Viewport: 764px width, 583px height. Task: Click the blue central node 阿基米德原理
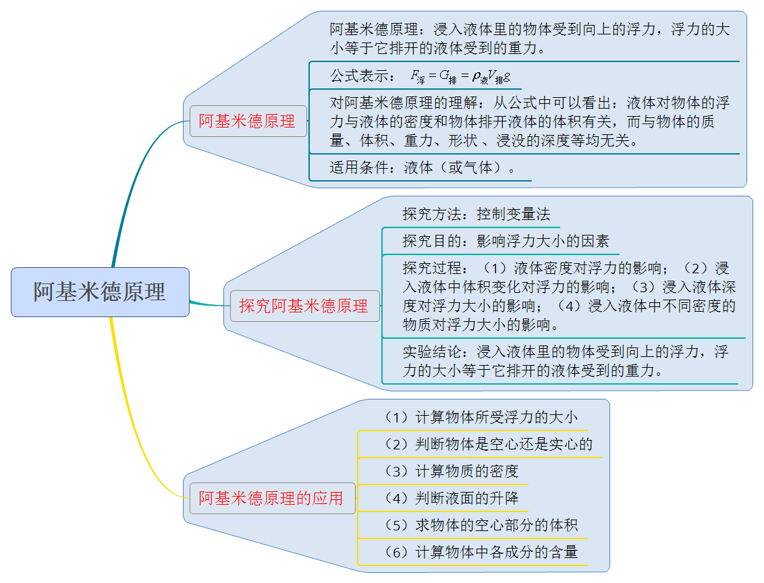click(x=100, y=291)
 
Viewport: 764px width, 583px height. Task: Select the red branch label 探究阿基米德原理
click(x=304, y=306)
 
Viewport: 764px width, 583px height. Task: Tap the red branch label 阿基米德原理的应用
click(x=272, y=498)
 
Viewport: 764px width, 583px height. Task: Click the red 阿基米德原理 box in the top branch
click(x=248, y=121)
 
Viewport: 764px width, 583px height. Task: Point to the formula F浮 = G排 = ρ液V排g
click(x=460, y=76)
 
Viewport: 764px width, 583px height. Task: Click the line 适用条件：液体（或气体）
click(x=422, y=167)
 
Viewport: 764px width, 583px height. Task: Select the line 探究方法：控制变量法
click(x=476, y=214)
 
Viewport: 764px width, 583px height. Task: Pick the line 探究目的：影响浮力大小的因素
click(x=506, y=241)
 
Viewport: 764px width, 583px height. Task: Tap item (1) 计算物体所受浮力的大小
click(x=481, y=418)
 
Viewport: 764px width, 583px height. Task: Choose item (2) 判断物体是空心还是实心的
click(x=488, y=444)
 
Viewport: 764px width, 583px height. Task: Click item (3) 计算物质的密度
click(x=451, y=471)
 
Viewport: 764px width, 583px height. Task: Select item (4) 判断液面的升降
click(x=451, y=498)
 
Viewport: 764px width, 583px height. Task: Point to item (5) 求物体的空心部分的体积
click(x=481, y=525)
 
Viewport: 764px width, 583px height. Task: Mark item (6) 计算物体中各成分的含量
click(x=481, y=552)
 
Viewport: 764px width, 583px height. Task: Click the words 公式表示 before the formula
click(x=360, y=76)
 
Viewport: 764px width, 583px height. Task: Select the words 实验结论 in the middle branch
click(x=432, y=352)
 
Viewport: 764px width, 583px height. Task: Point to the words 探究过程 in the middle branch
click(x=432, y=268)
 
